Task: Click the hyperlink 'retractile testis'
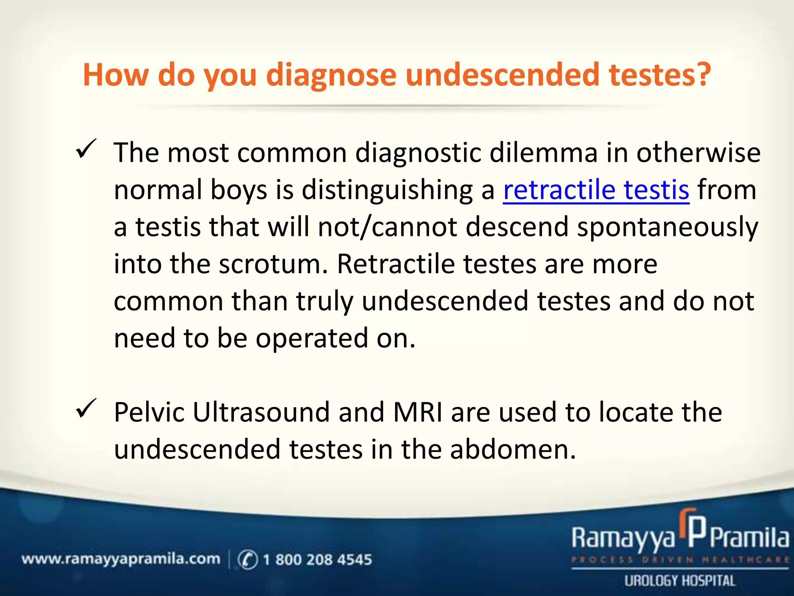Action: [x=596, y=190]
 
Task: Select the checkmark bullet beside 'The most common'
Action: [x=86, y=149]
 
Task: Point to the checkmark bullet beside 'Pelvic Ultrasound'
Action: [x=86, y=409]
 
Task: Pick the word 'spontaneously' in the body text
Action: [x=667, y=227]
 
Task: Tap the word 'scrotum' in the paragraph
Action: [x=270, y=264]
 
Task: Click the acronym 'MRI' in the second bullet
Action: [x=418, y=412]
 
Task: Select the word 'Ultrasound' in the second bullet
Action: [x=261, y=412]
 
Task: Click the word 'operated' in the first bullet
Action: [x=312, y=339]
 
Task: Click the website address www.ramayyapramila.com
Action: [x=121, y=559]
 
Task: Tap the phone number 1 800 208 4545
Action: [x=317, y=560]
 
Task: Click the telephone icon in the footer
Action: [x=247, y=560]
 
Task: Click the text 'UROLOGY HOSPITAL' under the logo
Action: [x=679, y=581]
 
